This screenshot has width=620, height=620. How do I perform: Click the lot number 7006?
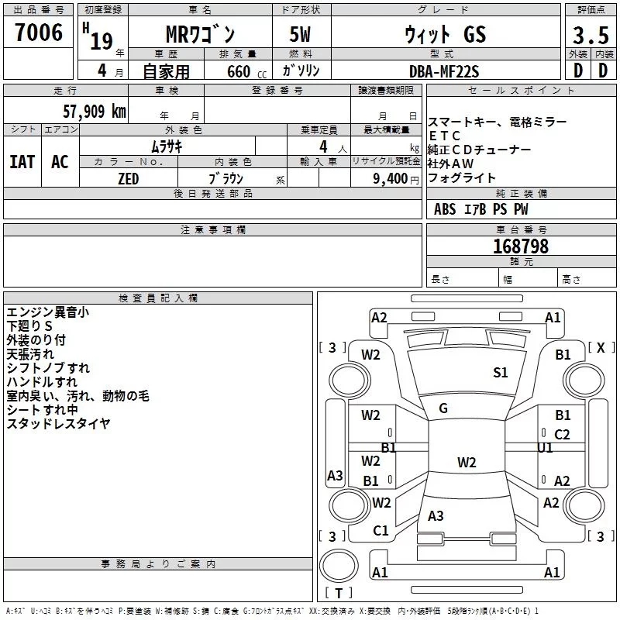tap(39, 33)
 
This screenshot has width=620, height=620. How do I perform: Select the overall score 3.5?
tap(590, 36)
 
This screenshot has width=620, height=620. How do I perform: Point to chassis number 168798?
tap(521, 246)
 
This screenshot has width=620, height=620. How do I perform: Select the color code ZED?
tap(128, 179)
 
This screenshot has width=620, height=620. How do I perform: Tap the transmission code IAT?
tap(22, 162)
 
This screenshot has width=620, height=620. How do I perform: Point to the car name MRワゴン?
tap(201, 36)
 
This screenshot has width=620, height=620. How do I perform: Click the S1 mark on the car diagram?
tap(501, 373)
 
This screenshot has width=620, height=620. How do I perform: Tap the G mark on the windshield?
tap(443, 408)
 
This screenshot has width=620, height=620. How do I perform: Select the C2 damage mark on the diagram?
tap(562, 435)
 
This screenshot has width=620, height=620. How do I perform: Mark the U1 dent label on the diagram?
tap(546, 448)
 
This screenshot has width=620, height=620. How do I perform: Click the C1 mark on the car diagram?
tap(381, 531)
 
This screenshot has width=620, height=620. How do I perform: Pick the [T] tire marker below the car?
tap(338, 594)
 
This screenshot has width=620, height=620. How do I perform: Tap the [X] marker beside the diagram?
tap(600, 348)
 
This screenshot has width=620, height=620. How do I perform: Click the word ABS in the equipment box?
tap(445, 209)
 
